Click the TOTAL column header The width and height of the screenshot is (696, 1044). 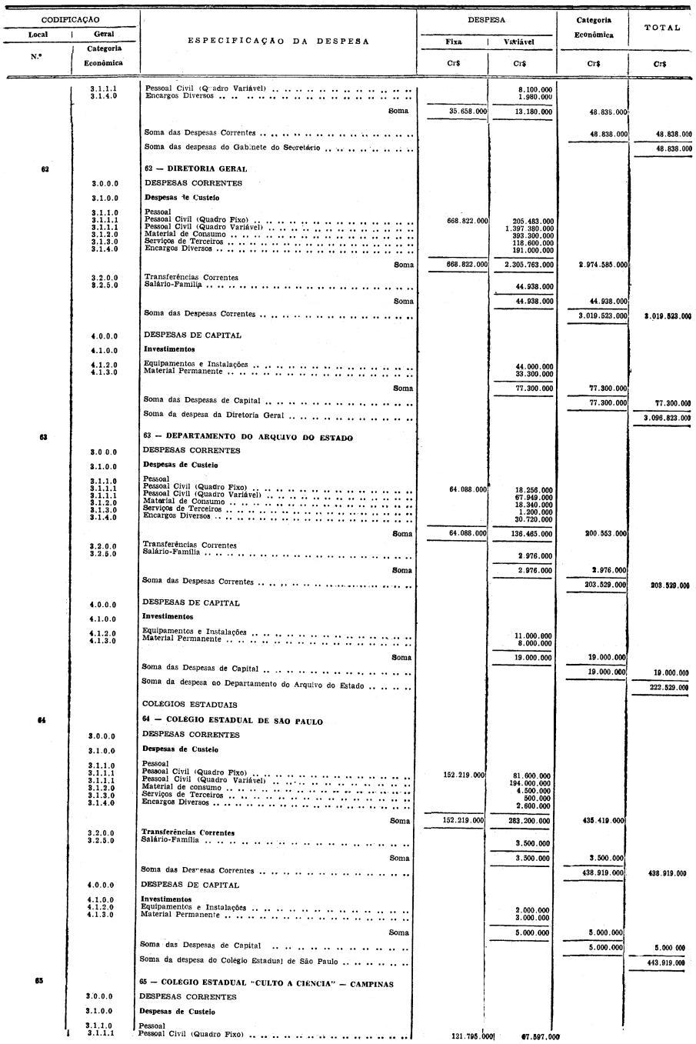click(x=661, y=28)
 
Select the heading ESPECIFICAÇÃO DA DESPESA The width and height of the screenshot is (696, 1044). click(x=278, y=41)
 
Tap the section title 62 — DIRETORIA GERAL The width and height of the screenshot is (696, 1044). click(x=195, y=168)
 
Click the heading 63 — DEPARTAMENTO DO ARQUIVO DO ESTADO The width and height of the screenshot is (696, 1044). click(x=248, y=438)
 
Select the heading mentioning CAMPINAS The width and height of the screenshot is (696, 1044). click(x=266, y=984)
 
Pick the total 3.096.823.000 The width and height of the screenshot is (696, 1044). click(x=661, y=418)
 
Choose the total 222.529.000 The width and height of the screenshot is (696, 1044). click(x=661, y=687)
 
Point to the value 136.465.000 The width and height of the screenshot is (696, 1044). click(x=532, y=533)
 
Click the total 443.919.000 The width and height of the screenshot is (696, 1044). click(x=661, y=962)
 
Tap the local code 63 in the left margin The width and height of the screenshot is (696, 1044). click(x=44, y=437)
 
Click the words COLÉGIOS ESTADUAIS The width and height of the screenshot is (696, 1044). click(x=189, y=705)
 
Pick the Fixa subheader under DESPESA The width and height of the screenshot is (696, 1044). click(x=453, y=42)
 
